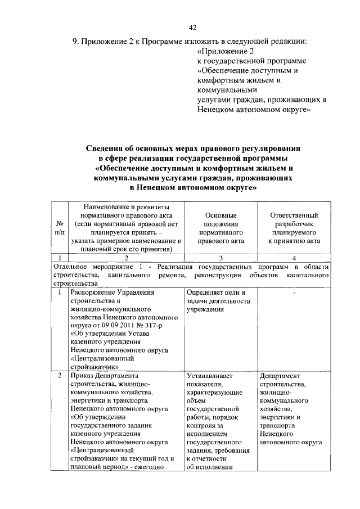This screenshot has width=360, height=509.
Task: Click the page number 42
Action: click(192, 28)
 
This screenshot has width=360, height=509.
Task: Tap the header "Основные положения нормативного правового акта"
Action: click(220, 228)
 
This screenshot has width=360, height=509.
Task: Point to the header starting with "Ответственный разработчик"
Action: click(294, 228)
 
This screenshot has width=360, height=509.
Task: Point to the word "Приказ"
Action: click(82, 375)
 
